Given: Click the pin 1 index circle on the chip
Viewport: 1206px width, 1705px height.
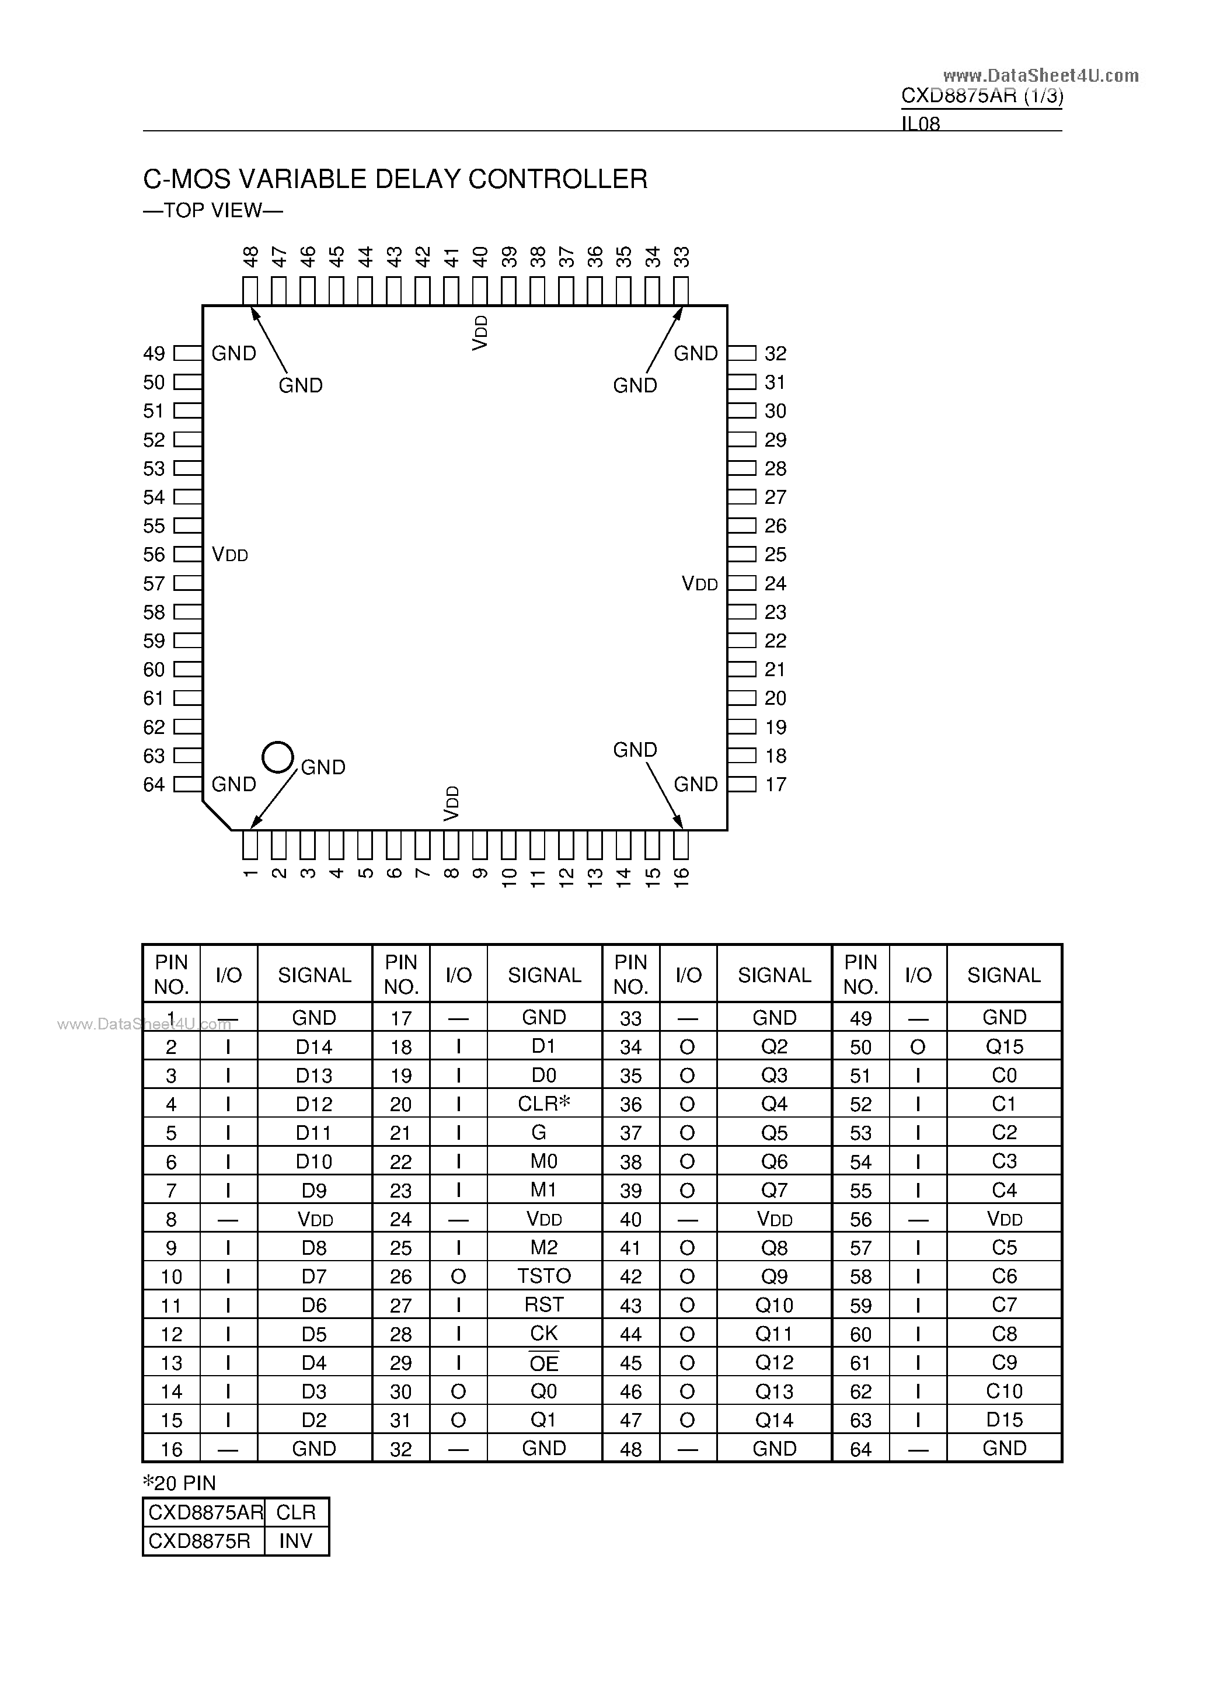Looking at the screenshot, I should (278, 757).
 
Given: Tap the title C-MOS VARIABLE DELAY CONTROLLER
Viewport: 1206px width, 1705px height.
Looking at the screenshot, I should (395, 179).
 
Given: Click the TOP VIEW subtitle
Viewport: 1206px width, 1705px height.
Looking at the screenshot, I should (212, 211).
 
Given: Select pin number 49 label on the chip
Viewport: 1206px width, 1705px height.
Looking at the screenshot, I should (154, 353).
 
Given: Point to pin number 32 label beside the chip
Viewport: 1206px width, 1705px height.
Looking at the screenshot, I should (775, 353).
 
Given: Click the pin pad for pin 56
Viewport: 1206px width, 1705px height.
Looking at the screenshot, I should (188, 555).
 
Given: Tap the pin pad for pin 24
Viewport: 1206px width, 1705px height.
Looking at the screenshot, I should (741, 584).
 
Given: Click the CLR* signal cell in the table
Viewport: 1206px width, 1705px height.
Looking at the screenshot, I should (543, 1104).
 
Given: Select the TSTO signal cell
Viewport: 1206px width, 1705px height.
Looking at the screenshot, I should (543, 1276).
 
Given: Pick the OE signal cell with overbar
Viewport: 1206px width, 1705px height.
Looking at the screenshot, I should (543, 1363).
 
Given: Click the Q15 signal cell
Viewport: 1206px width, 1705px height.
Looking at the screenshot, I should (1004, 1046).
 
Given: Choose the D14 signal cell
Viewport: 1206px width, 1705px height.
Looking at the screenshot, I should (314, 1046).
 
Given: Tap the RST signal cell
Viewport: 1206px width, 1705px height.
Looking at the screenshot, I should (543, 1305).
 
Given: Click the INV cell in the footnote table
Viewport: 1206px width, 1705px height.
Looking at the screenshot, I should (295, 1542).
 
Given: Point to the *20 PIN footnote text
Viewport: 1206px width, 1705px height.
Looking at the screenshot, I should (179, 1483).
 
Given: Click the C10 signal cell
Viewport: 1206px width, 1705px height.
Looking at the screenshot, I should (1004, 1391).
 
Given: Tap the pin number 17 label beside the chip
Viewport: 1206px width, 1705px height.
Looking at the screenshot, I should (775, 785).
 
